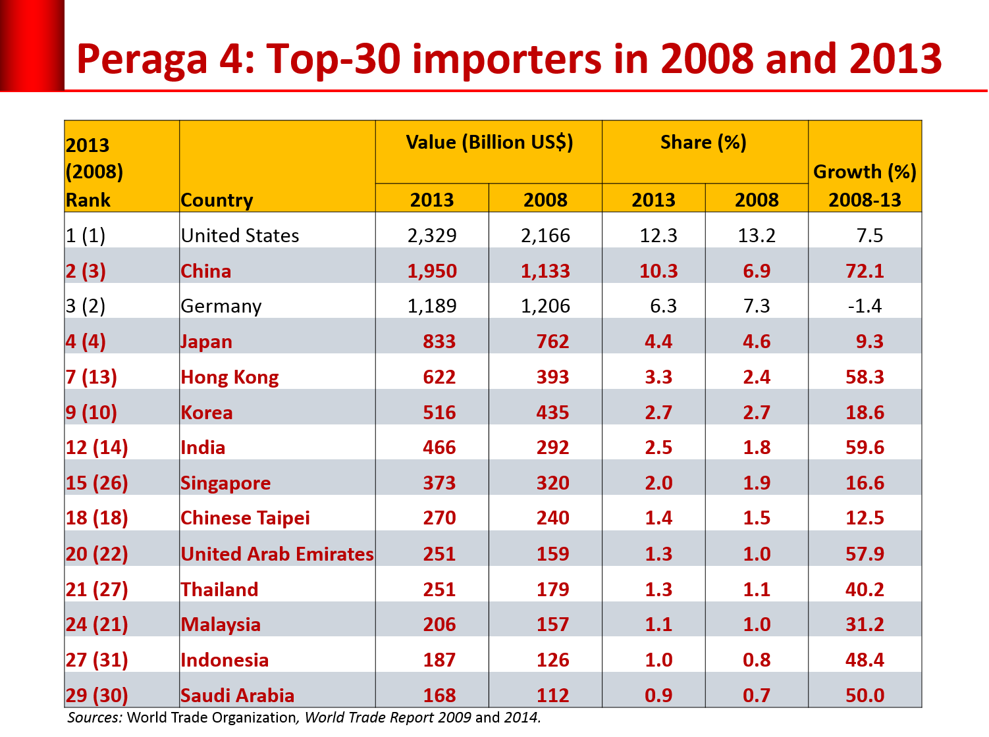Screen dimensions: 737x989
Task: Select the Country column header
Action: pyautogui.click(x=217, y=200)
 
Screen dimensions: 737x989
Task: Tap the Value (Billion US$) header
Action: pyautogui.click(x=489, y=143)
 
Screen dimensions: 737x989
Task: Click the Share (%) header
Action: pyautogui.click(x=703, y=143)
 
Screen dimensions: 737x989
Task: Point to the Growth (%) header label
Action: pyautogui.click(x=865, y=172)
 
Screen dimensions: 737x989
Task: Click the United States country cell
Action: pyautogui.click(x=240, y=236)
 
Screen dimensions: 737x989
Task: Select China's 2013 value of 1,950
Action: pyautogui.click(x=432, y=271)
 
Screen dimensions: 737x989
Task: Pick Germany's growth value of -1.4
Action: pyautogui.click(x=865, y=306)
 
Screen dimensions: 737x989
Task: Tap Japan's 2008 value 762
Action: pyautogui.click(x=552, y=342)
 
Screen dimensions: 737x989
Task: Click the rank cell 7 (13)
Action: pyautogui.click(x=91, y=377)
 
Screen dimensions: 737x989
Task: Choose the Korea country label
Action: pyautogui.click(x=207, y=413)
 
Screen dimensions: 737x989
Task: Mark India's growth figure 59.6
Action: pyautogui.click(x=865, y=447)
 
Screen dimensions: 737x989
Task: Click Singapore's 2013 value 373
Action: pyautogui.click(x=439, y=483)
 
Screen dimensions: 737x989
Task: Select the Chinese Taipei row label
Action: pyautogui.click(x=245, y=518)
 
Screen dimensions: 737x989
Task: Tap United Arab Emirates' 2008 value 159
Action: pyautogui.click(x=552, y=553)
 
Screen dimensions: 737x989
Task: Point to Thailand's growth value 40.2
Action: pyautogui.click(x=865, y=589)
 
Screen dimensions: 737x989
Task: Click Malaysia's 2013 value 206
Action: pyautogui.click(x=439, y=624)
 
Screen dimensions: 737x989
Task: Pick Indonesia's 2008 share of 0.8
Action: pyautogui.click(x=757, y=660)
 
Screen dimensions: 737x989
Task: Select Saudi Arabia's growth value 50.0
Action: pyautogui.click(x=865, y=696)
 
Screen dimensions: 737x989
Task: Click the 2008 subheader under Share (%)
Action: pyautogui.click(x=757, y=200)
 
